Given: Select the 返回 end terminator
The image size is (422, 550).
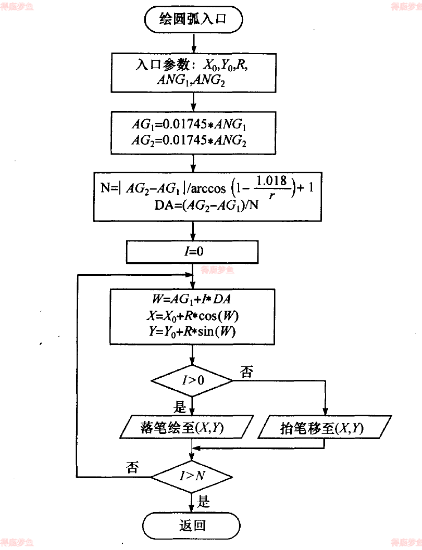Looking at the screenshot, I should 193,526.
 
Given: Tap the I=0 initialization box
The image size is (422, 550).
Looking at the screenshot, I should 193,252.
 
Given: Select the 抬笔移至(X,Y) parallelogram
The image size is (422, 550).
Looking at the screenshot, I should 325,428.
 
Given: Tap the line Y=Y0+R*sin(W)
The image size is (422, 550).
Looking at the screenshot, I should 193,331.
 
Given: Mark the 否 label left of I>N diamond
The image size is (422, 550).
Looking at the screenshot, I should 132,466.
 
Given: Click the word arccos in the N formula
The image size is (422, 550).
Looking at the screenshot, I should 223,187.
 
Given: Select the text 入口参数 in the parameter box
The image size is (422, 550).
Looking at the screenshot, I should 157,66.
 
